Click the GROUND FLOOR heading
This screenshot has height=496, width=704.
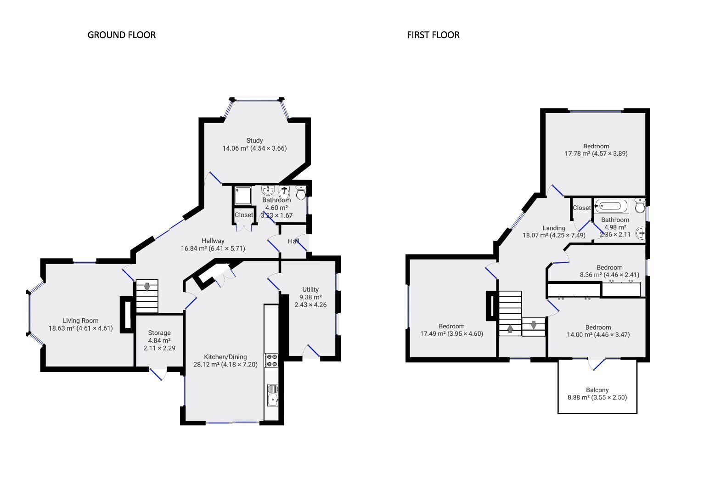[121, 35]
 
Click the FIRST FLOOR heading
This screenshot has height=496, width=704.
[433, 35]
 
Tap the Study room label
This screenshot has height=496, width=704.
[254, 141]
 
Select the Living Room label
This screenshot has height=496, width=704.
[80, 321]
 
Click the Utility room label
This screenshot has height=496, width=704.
[310, 289]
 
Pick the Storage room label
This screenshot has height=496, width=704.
[159, 333]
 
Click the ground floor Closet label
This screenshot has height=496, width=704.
[243, 215]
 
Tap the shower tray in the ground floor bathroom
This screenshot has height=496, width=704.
[242, 196]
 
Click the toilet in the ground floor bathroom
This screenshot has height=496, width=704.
[301, 193]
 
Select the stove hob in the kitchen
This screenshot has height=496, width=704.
[271, 360]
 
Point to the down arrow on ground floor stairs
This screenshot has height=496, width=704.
[147, 287]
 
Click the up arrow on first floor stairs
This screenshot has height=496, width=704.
[510, 329]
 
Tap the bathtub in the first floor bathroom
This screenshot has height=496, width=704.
[611, 207]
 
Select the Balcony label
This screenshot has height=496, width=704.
[597, 390]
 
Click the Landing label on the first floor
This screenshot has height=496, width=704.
[554, 228]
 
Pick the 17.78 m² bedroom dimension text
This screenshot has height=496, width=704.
[596, 154]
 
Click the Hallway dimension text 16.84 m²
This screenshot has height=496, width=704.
[213, 248]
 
